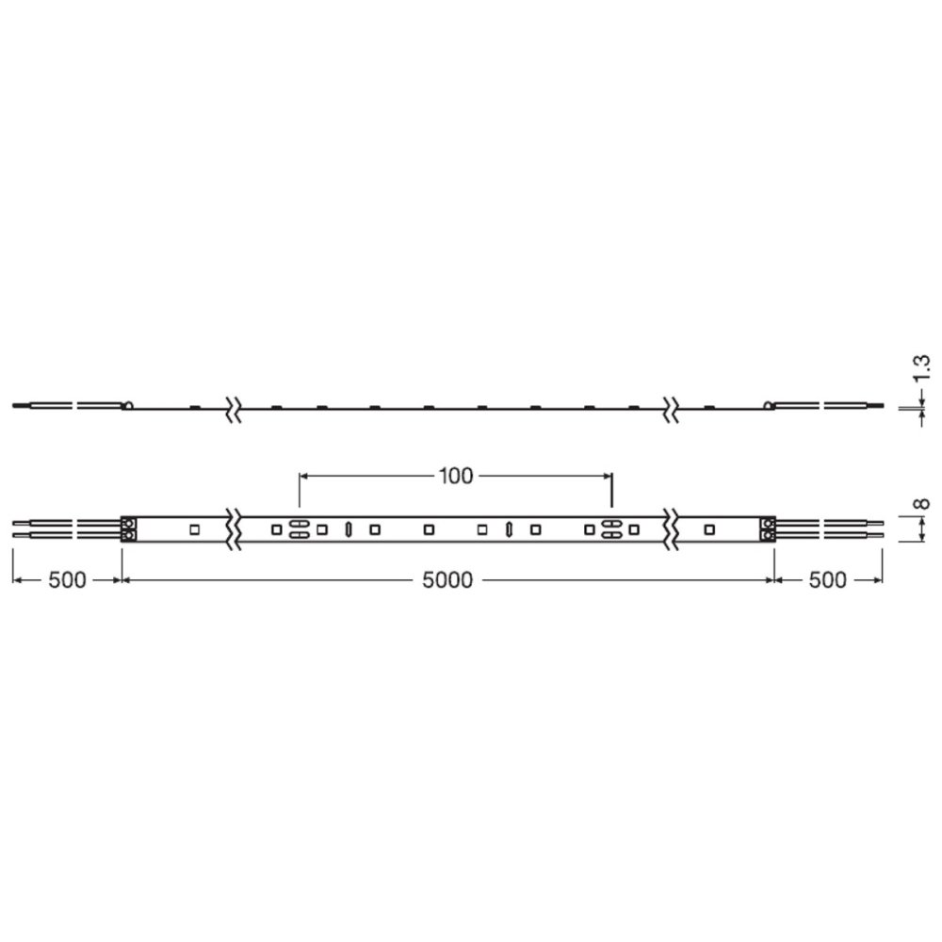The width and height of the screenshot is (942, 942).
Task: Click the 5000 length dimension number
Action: click(x=447, y=580)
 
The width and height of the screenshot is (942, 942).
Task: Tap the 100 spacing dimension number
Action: click(x=455, y=476)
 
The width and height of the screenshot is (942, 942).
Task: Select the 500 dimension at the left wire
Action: click(x=67, y=580)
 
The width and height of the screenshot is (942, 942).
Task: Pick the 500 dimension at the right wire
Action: click(x=827, y=580)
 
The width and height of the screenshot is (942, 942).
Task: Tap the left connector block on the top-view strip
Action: click(x=130, y=528)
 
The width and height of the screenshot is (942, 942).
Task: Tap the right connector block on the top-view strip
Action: click(x=768, y=528)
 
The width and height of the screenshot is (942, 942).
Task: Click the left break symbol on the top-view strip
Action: click(x=232, y=528)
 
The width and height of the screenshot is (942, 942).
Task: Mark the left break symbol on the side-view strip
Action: click(x=232, y=408)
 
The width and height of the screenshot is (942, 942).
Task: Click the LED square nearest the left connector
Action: click(x=194, y=528)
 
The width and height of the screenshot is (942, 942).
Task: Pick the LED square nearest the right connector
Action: click(x=708, y=528)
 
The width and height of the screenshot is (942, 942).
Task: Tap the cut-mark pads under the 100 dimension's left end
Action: click(x=298, y=528)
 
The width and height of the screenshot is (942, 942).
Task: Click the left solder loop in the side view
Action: click(x=127, y=406)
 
